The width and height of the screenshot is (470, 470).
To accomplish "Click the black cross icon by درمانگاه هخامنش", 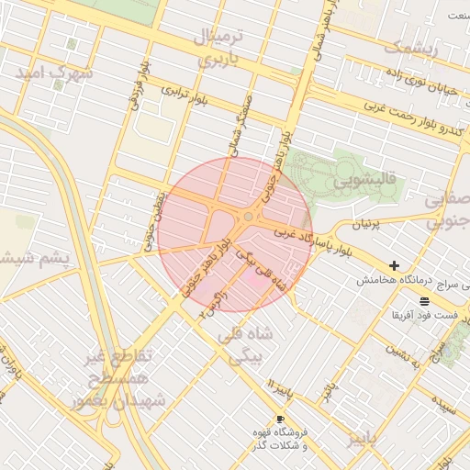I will [395, 265].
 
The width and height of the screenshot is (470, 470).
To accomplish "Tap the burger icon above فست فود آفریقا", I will [424, 300].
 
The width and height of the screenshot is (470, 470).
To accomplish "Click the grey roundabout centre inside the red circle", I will [249, 217].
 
